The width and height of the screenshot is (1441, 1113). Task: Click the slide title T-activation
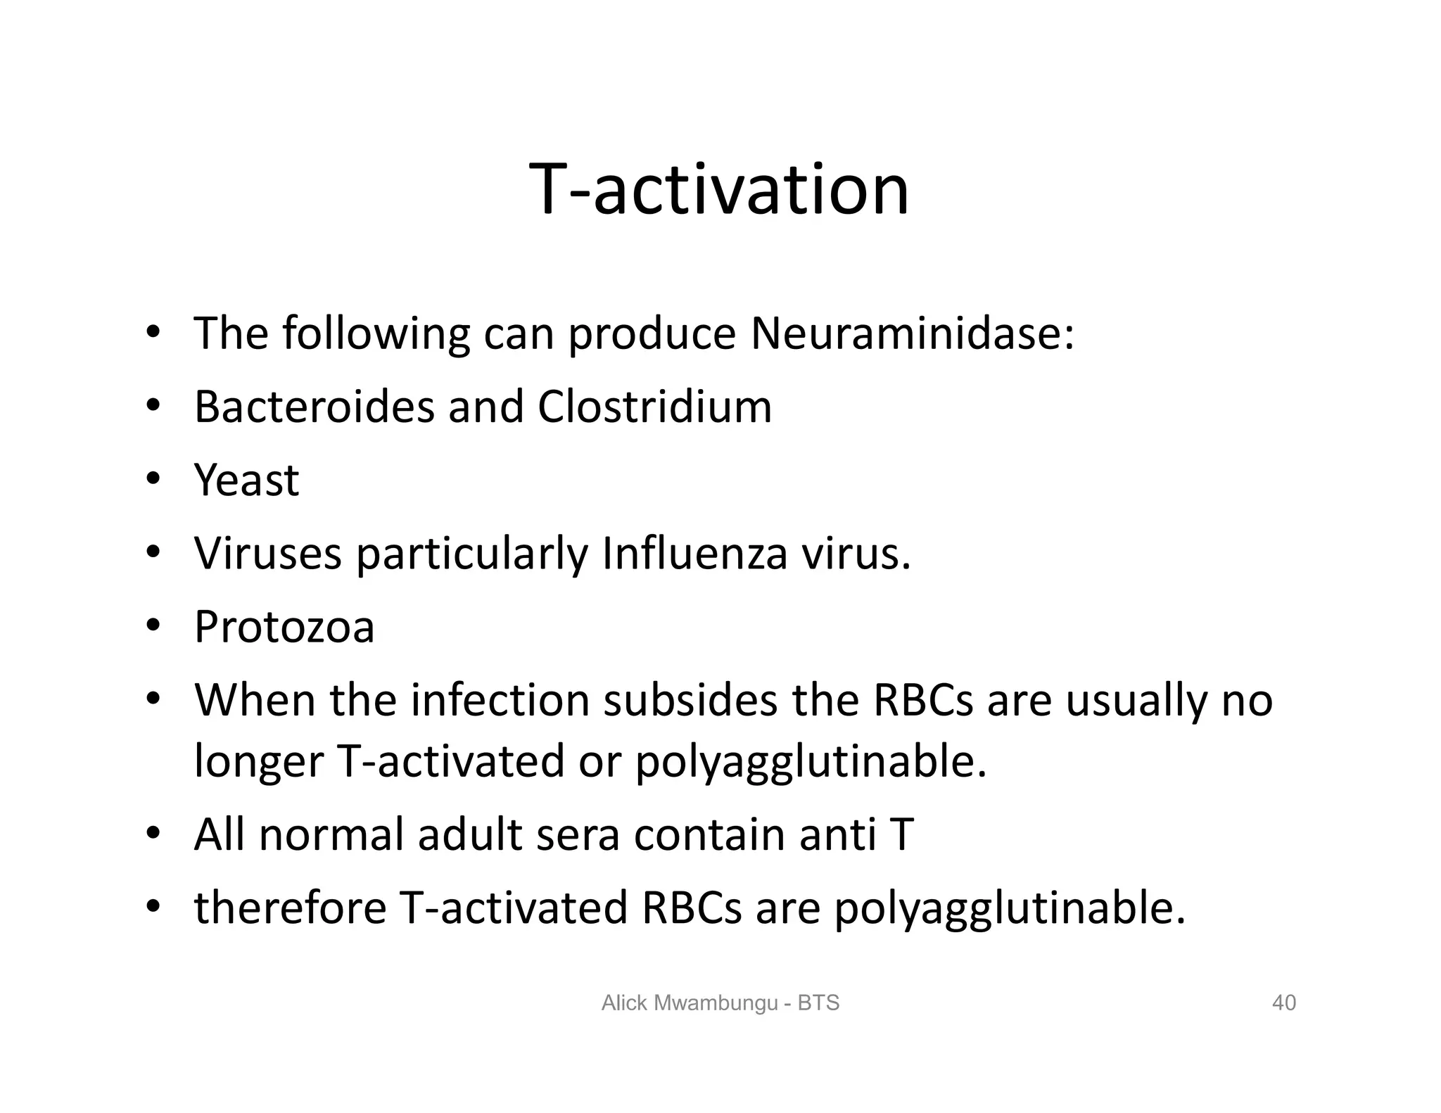pos(719,189)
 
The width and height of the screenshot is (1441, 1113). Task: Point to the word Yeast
pos(246,481)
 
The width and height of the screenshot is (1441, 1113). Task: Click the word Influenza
pos(694,554)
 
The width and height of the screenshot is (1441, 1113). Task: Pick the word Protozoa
pos(284,627)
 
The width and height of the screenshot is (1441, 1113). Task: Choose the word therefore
pos(290,908)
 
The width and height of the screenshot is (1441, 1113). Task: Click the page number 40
pos(1284,1003)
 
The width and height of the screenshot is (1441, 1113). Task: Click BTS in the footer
pos(818,1003)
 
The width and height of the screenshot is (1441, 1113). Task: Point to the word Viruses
pos(267,554)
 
